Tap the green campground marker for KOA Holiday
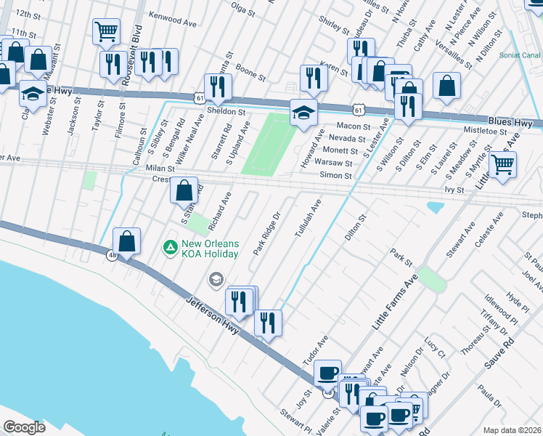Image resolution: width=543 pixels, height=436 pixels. [170, 248]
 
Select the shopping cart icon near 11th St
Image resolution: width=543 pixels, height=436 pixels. [106, 32]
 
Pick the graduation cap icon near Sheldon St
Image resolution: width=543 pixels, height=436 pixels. [304, 113]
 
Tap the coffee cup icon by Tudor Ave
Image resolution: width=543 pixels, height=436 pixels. [327, 372]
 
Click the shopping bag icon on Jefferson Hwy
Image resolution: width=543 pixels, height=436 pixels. [127, 241]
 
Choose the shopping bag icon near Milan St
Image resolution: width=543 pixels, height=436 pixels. [185, 190]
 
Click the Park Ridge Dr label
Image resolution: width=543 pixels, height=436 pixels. [266, 233]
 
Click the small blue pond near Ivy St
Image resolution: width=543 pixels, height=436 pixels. [435, 208]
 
